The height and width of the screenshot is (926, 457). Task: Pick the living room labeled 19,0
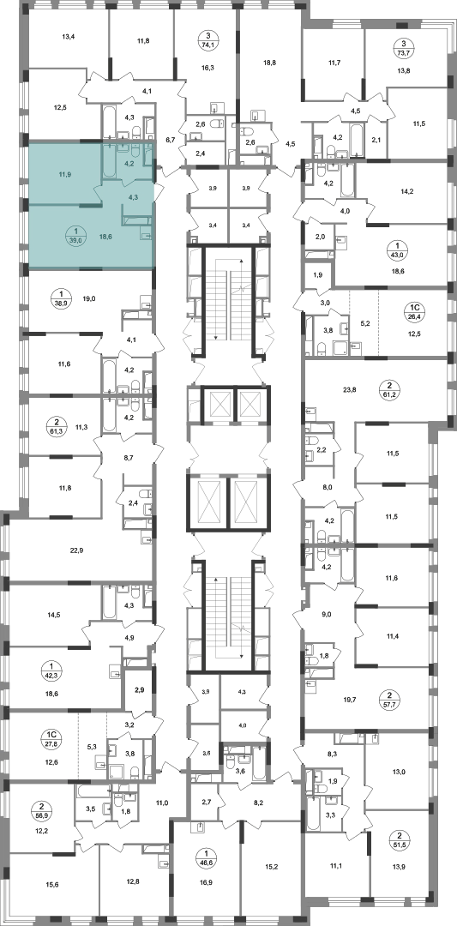(89, 299)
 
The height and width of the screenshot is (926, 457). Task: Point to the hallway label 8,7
(127, 457)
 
